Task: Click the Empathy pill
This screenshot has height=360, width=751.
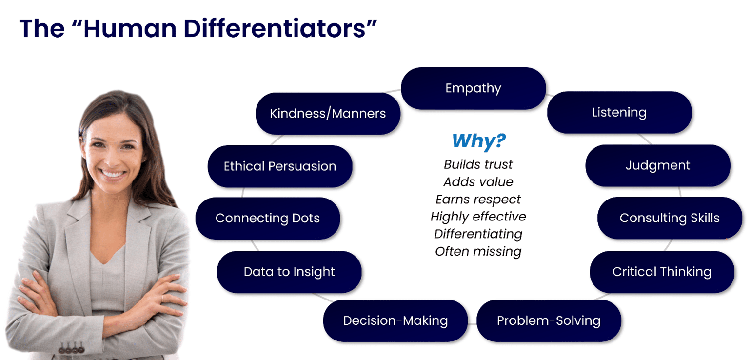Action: (473, 88)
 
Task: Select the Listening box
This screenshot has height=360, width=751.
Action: (619, 112)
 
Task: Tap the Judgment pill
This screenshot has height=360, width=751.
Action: (657, 165)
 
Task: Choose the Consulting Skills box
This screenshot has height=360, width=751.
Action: (669, 218)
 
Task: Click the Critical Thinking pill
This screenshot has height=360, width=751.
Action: (661, 272)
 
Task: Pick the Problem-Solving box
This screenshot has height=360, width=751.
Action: (548, 320)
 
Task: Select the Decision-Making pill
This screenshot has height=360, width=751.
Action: (395, 320)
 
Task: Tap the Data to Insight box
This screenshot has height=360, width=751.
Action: (289, 272)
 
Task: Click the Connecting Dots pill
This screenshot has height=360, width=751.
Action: (267, 218)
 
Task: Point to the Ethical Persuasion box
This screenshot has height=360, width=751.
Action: (279, 166)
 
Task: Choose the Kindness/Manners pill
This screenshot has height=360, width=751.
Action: (328, 114)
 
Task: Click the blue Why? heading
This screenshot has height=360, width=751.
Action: (478, 141)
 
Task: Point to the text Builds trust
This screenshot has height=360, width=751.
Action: (478, 164)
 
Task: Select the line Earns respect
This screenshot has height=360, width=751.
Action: (478, 200)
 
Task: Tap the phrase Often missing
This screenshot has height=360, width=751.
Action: (478, 252)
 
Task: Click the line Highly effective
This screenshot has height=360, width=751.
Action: (478, 217)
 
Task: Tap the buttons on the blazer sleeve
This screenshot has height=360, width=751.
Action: (71, 349)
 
